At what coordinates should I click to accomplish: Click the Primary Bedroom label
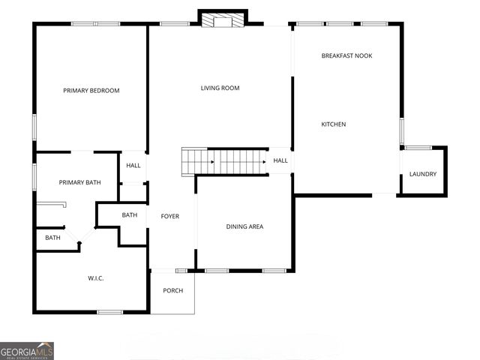point(91,91)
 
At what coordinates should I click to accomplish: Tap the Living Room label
point(220,88)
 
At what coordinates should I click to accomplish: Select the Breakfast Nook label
point(346,55)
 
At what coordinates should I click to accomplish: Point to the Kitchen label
point(334,124)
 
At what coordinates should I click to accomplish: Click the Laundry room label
point(422,175)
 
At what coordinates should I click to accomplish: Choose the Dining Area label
point(244,226)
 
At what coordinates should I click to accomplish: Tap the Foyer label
point(170,217)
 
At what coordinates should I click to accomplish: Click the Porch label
point(173,291)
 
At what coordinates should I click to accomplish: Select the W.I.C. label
point(96,278)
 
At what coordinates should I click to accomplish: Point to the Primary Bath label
point(80,182)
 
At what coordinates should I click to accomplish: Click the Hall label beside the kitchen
point(280,160)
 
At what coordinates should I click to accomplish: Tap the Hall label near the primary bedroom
point(133,166)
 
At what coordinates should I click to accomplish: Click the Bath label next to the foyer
point(130,215)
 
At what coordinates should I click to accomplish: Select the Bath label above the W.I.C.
point(52,238)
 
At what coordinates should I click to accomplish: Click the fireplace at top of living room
point(223,19)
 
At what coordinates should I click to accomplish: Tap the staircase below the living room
point(225,160)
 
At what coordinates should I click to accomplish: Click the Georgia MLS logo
point(27,350)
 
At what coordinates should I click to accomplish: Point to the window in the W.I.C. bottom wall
point(109,312)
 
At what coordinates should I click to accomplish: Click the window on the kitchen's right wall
point(402,131)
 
